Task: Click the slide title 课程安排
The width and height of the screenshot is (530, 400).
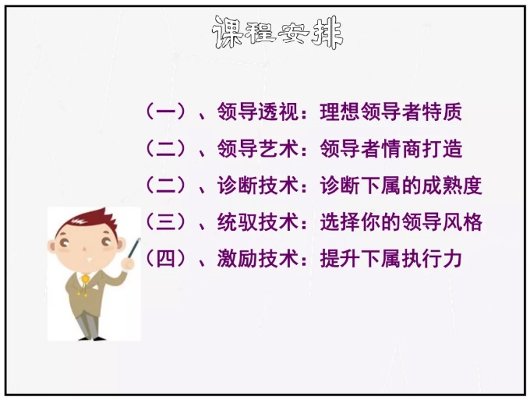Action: pyautogui.click(x=277, y=33)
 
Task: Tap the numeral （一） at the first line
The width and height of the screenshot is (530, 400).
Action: pyautogui.click(x=165, y=112)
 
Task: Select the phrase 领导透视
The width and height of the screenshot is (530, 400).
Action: pyautogui.click(x=257, y=112)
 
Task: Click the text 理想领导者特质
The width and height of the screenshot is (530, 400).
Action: pyautogui.click(x=390, y=112)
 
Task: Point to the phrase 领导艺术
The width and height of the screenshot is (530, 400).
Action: pyautogui.click(x=257, y=148)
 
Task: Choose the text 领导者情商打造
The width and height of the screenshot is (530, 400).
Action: pyautogui.click(x=390, y=148)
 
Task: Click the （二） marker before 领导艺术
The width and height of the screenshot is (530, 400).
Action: pyautogui.click(x=165, y=148)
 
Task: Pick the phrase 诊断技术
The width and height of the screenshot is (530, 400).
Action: pyautogui.click(x=257, y=186)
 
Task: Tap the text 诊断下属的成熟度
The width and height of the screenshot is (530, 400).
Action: pyautogui.click(x=401, y=186)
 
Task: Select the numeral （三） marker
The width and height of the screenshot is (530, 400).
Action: pyautogui.click(x=165, y=222)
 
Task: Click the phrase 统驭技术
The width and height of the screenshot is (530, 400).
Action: pyautogui.click(x=257, y=222)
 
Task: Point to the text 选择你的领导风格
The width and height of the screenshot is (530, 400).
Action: pyautogui.click(x=401, y=222)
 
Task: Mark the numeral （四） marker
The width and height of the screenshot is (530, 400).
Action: pyautogui.click(x=165, y=259)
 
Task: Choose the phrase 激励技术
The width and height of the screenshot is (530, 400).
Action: pyautogui.click(x=257, y=259)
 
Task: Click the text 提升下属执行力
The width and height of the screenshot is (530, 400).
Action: pyautogui.click(x=390, y=259)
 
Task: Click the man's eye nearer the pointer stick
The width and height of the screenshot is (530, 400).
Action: pyautogui.click(x=106, y=242)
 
